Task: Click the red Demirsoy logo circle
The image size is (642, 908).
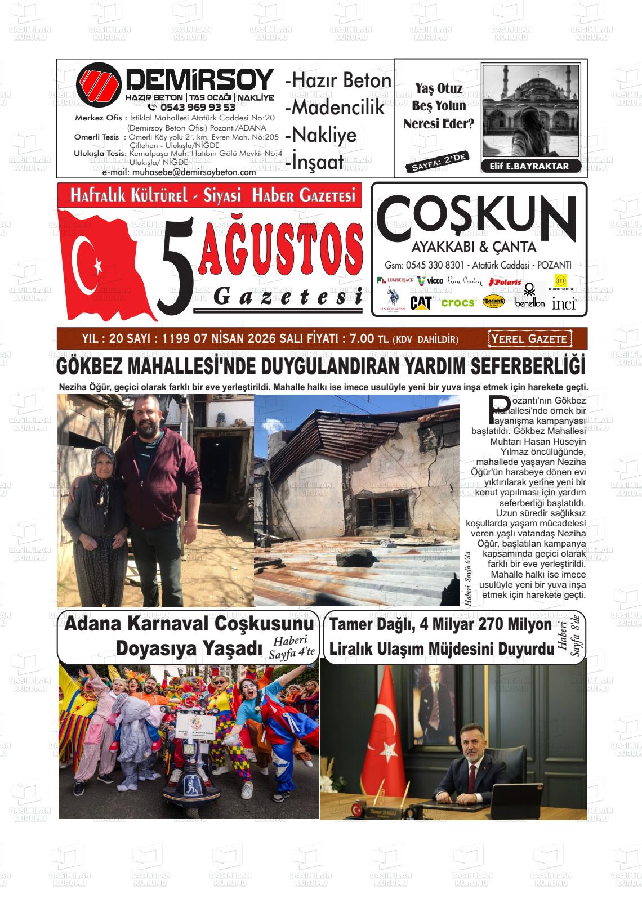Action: click(99, 85)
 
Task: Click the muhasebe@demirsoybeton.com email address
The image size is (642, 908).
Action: click(179, 172)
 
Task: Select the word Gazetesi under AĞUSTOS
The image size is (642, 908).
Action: click(287, 296)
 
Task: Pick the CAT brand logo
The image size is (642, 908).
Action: click(420, 303)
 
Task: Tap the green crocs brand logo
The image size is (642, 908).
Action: click(458, 303)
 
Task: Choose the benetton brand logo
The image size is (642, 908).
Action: click(529, 302)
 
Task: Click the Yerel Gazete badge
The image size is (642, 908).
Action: click(529, 339)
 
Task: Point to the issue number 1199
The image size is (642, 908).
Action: click(176, 339)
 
